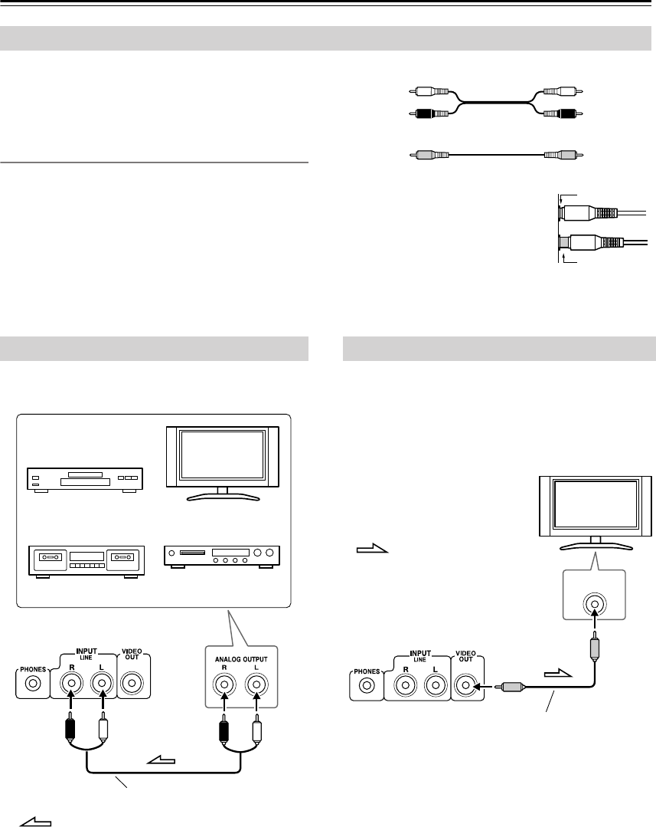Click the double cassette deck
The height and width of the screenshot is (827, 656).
pos(85,557)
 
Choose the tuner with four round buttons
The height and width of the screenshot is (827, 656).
pos(222,556)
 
